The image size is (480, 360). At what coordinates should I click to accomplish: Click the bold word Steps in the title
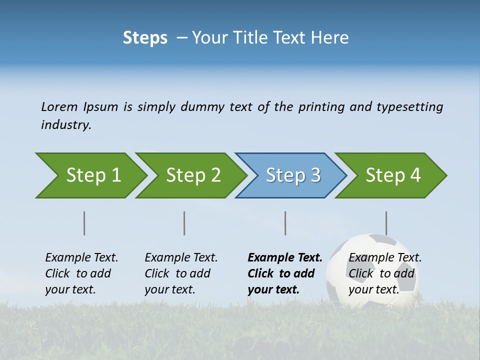click(x=145, y=38)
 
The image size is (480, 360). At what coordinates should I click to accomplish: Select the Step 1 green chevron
click(x=93, y=175)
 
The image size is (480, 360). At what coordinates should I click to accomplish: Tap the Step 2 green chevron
click(x=193, y=175)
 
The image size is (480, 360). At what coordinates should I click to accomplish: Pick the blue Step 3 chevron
click(x=293, y=175)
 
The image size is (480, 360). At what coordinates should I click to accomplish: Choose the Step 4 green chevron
click(x=393, y=175)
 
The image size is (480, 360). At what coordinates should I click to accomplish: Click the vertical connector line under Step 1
click(x=84, y=223)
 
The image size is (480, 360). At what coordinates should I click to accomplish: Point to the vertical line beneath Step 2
click(x=184, y=223)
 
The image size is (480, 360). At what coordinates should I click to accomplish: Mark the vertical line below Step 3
click(x=285, y=223)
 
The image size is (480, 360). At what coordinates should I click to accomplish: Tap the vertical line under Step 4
click(x=386, y=223)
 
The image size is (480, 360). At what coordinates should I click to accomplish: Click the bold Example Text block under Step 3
click(x=284, y=273)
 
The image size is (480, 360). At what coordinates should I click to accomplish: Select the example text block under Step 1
click(x=81, y=273)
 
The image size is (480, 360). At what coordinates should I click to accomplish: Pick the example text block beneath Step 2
click(x=180, y=273)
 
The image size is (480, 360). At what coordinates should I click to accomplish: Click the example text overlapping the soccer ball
click(x=384, y=273)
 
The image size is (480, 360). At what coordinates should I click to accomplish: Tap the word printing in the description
click(x=321, y=107)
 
